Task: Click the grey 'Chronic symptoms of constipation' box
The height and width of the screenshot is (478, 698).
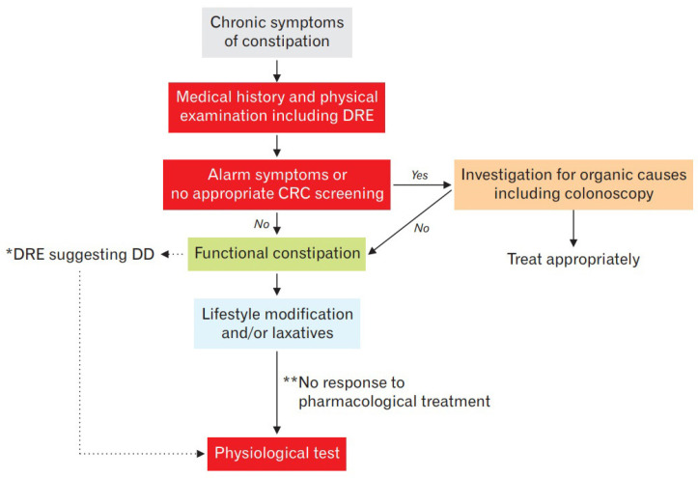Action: click(x=277, y=33)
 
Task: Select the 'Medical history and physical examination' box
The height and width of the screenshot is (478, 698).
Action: click(x=276, y=107)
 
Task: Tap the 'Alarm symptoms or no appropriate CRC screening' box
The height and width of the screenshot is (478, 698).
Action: click(x=276, y=184)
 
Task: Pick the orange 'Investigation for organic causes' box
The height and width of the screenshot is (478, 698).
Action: click(x=573, y=184)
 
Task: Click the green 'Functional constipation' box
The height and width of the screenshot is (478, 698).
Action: click(x=276, y=254)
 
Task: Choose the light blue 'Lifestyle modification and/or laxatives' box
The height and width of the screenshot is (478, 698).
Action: click(x=277, y=323)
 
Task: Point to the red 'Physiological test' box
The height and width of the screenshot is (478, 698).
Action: click(x=276, y=454)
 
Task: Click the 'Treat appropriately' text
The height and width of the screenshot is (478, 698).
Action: click(x=573, y=259)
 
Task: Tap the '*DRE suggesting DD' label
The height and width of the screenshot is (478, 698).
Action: click(x=80, y=254)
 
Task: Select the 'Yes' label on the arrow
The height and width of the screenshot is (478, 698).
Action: click(x=419, y=175)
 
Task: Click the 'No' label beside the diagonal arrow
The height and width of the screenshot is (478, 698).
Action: click(x=422, y=228)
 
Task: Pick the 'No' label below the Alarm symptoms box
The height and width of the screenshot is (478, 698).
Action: click(x=262, y=224)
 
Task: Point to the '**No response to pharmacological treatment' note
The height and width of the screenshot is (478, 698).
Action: click(x=386, y=392)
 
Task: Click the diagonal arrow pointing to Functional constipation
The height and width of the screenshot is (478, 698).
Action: click(x=410, y=222)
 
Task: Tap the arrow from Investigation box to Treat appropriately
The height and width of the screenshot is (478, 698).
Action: click(x=573, y=228)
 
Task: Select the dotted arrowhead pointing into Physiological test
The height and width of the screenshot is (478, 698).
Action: click(x=201, y=454)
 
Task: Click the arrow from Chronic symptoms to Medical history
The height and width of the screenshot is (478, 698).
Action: click(x=277, y=70)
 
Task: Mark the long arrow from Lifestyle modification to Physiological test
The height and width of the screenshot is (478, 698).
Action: click(x=277, y=393)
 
